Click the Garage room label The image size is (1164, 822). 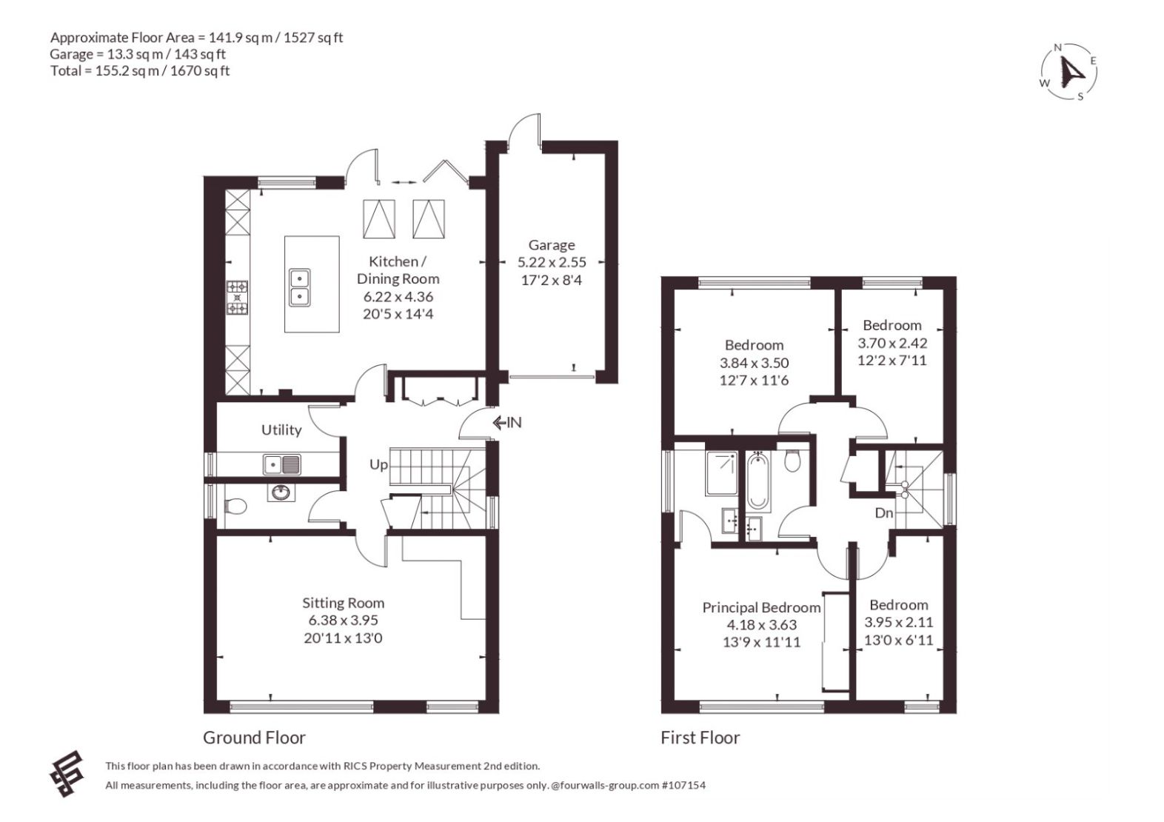[552, 244]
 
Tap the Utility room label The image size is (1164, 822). [281, 430]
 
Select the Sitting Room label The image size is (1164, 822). [344, 603]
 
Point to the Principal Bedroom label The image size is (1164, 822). [761, 607]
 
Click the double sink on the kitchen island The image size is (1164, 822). [299, 287]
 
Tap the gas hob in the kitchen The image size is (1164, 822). [237, 298]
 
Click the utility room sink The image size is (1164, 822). [281, 464]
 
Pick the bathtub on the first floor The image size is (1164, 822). [758, 481]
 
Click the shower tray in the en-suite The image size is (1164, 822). [721, 472]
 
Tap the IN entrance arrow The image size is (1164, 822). [506, 422]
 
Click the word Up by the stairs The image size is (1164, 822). [378, 464]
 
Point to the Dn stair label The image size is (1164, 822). [884, 513]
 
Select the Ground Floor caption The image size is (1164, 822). [254, 738]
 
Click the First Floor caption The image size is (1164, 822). [700, 738]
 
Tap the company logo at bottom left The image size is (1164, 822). [67, 774]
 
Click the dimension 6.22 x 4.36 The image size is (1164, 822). [398, 296]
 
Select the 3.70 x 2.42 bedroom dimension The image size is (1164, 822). [892, 343]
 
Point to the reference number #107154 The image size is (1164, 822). [684, 785]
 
